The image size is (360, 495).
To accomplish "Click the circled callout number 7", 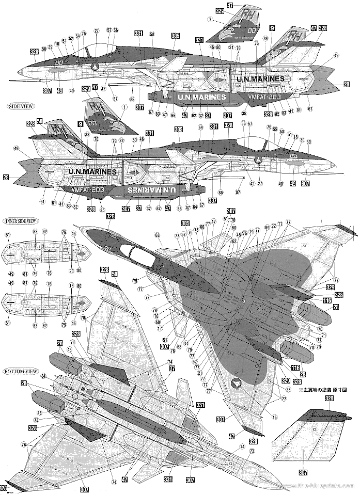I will coord(210,20).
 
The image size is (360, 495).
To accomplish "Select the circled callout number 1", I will coord(123,106).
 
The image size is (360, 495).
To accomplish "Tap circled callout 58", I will coord(152,34).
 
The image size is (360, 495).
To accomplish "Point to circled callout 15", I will coord(274,417).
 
